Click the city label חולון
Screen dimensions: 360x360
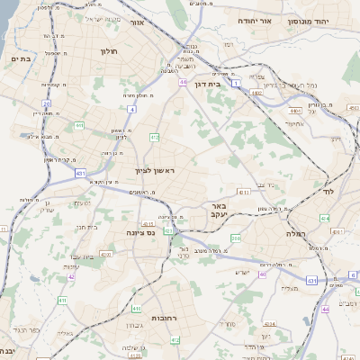pos(111,52)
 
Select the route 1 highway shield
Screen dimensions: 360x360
pos(236,83)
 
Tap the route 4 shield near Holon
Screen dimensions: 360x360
pos(131,109)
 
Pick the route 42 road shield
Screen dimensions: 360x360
pos(70,276)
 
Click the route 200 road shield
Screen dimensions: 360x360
pos(236,238)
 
